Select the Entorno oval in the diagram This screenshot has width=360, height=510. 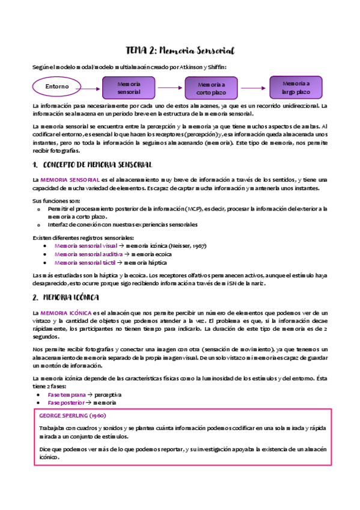point(58,87)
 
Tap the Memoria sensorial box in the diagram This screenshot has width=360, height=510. point(129,88)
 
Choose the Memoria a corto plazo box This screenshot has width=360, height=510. point(211,89)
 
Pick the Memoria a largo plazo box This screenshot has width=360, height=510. point(296,88)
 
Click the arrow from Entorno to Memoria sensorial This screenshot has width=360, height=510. point(90,87)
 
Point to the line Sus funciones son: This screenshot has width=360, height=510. point(56,200)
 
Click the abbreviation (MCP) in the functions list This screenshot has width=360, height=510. point(210,209)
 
